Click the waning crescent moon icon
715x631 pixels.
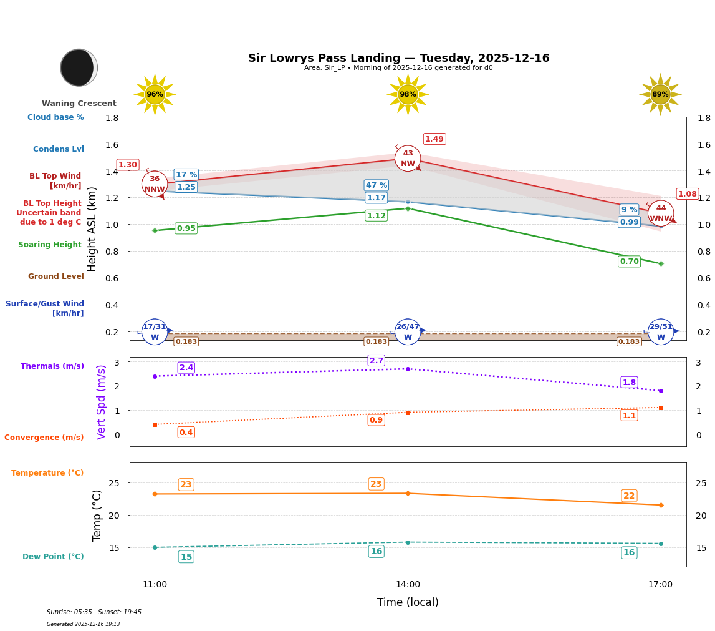79,67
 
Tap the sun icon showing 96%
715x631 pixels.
155,95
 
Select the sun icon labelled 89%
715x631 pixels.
660,95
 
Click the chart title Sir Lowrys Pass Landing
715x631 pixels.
398,58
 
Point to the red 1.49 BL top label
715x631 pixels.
434,139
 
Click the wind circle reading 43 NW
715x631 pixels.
408,159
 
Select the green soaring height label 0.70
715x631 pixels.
629,262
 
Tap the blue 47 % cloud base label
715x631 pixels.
377,185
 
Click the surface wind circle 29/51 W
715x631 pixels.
661,332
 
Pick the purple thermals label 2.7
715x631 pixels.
377,361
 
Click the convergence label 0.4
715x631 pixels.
186,433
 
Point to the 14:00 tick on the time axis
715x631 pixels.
408,585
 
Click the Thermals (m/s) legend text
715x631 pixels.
52,366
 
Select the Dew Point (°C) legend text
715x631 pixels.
53,557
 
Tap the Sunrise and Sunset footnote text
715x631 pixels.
94,612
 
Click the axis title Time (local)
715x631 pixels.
408,602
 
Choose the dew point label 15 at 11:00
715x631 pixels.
186,557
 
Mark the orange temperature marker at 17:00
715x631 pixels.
661,505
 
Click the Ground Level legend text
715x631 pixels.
56,276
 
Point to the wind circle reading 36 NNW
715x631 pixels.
155,184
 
